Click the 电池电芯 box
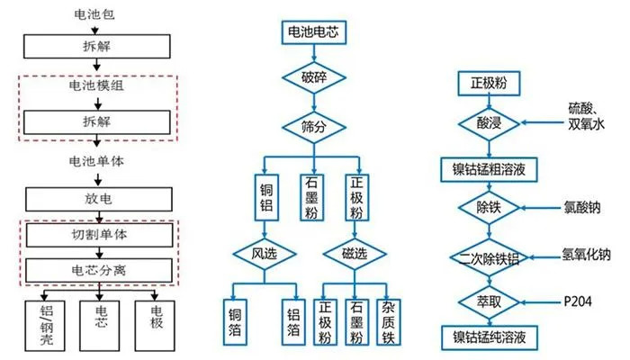click(x=310, y=33)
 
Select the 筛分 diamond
click(x=310, y=122)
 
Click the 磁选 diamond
click(x=359, y=254)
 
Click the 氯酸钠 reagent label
click(x=581, y=208)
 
